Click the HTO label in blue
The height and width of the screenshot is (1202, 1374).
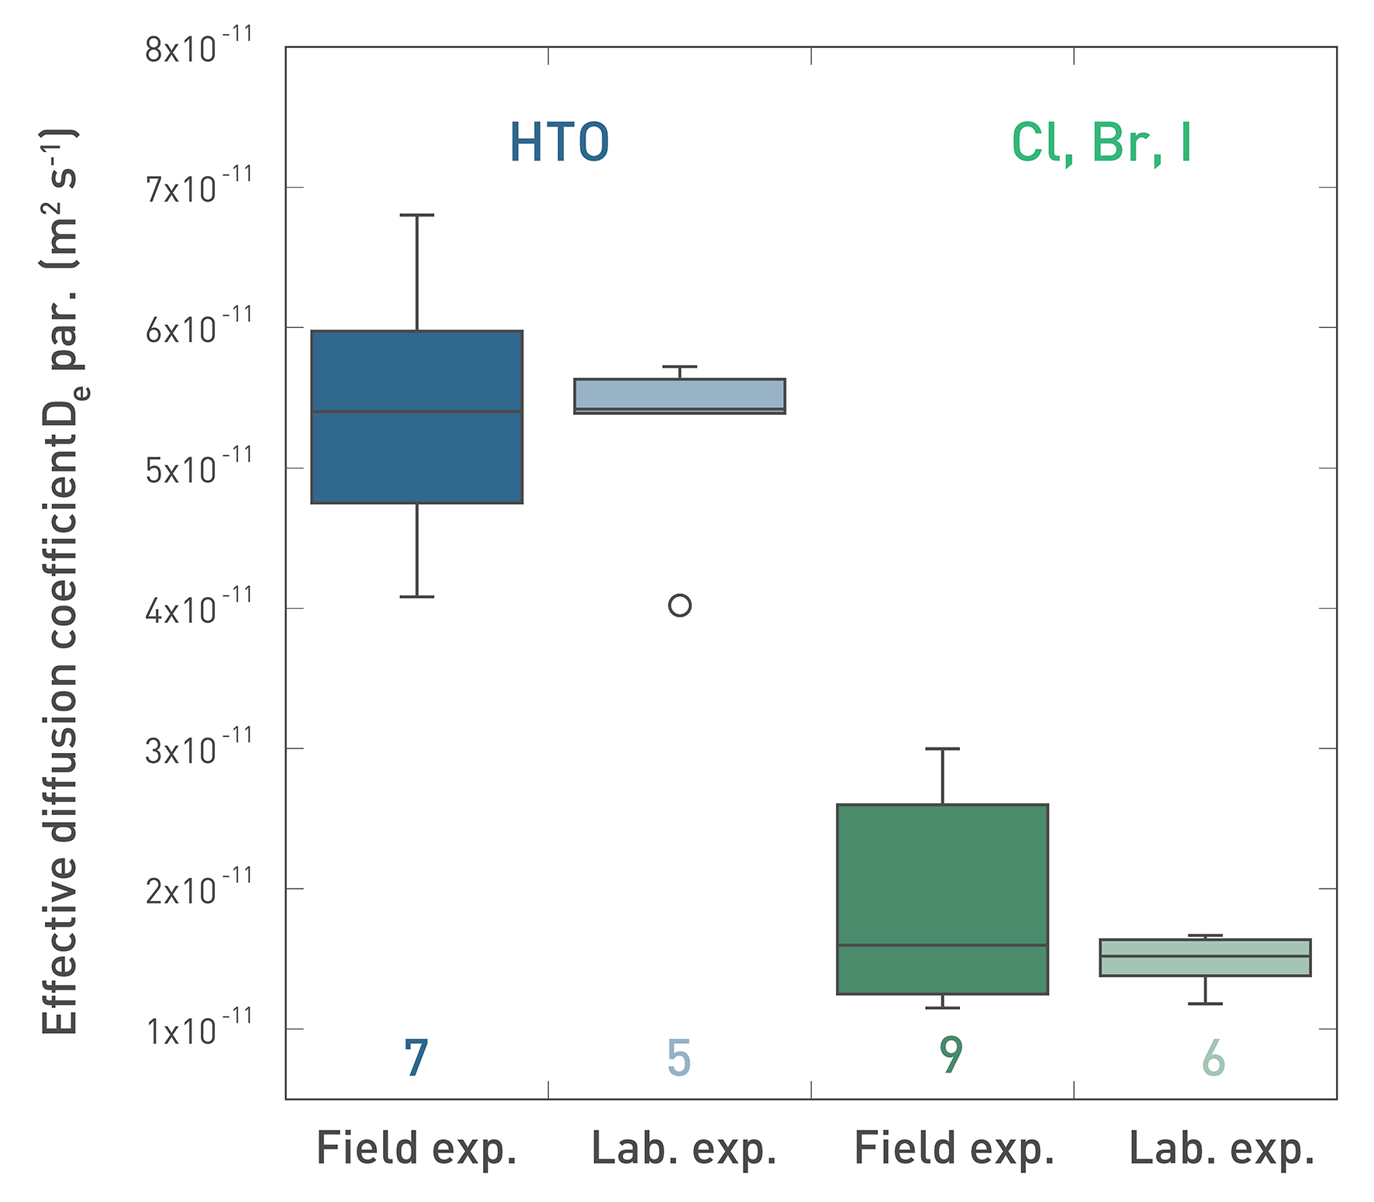click(x=559, y=143)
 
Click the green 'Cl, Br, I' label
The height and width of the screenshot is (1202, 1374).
click(x=1101, y=143)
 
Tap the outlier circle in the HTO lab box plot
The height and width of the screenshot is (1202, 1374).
click(x=679, y=605)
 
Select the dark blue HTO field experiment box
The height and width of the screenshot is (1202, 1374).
click(x=416, y=458)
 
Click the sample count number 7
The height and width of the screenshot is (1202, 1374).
click(x=416, y=1058)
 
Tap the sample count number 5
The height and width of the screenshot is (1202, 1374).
click(x=678, y=1058)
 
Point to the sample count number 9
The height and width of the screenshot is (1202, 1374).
click(x=951, y=1055)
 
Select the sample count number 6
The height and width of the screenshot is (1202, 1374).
click(x=1213, y=1058)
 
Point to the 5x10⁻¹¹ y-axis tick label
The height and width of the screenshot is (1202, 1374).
click(x=199, y=468)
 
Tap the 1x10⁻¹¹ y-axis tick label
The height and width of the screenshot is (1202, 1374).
click(x=199, y=1029)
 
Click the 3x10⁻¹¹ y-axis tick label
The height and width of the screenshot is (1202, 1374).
click(x=199, y=748)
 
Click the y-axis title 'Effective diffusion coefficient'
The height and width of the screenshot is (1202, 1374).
click(x=60, y=582)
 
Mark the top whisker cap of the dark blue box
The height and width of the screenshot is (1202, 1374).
click(x=416, y=215)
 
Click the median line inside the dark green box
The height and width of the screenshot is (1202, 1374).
click(x=942, y=945)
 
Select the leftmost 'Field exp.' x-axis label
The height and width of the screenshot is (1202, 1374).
click(x=416, y=1149)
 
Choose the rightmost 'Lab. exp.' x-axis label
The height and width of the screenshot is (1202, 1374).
click(x=1222, y=1149)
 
